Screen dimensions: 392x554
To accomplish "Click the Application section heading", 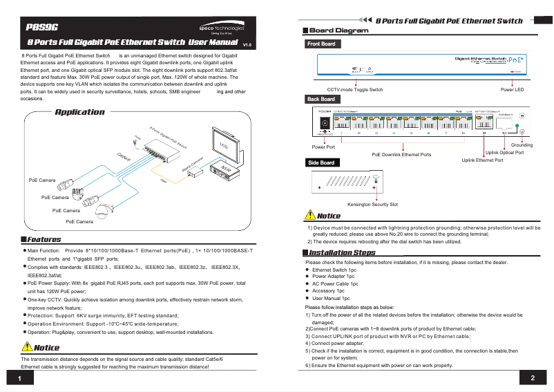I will (x=79, y=112).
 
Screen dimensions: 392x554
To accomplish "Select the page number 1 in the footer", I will (x=21, y=379).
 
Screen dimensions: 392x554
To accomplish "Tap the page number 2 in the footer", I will (x=533, y=378).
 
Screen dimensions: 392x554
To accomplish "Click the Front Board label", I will (x=321, y=44).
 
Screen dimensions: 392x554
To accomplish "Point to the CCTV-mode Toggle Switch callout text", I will (x=354, y=90).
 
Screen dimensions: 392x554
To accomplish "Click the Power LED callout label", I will (x=512, y=90).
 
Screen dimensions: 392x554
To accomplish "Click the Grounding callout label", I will (x=522, y=145).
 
